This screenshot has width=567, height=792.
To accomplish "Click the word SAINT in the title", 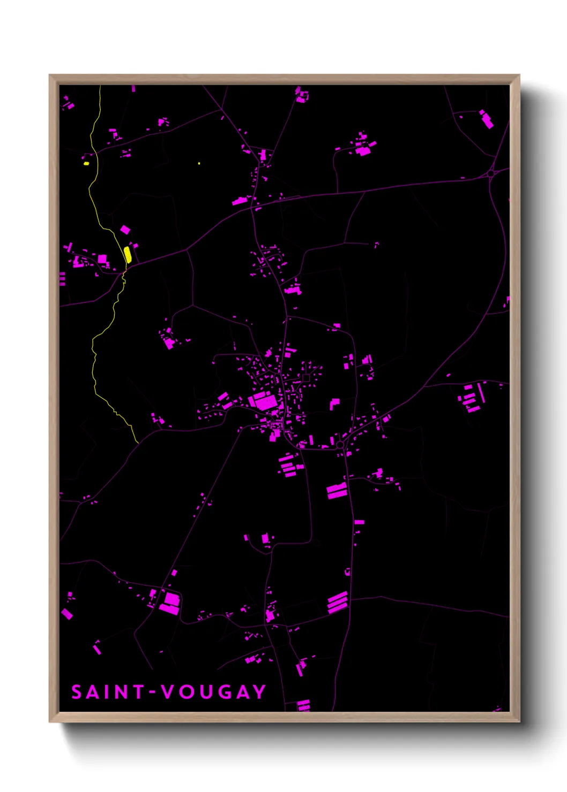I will (107, 692).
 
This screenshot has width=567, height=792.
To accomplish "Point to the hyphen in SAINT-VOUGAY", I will (152, 692).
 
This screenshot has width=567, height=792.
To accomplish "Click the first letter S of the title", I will (77, 692).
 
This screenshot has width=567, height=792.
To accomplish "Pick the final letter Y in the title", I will (260, 692).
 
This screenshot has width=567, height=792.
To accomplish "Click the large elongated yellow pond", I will (128, 254).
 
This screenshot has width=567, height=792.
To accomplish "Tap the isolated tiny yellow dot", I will (199, 163).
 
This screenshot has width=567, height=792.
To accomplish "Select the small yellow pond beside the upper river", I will (86, 163).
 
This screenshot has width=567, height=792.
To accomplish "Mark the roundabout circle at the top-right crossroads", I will (491, 174).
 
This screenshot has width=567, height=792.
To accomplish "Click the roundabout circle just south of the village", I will (340, 445).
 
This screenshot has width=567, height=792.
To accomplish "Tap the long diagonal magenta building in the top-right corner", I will (487, 120).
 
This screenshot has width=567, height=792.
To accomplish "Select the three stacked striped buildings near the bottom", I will (337, 601).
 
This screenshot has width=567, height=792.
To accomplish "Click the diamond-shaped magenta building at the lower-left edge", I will (67, 614).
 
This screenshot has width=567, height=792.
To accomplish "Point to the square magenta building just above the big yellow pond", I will (125, 230).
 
